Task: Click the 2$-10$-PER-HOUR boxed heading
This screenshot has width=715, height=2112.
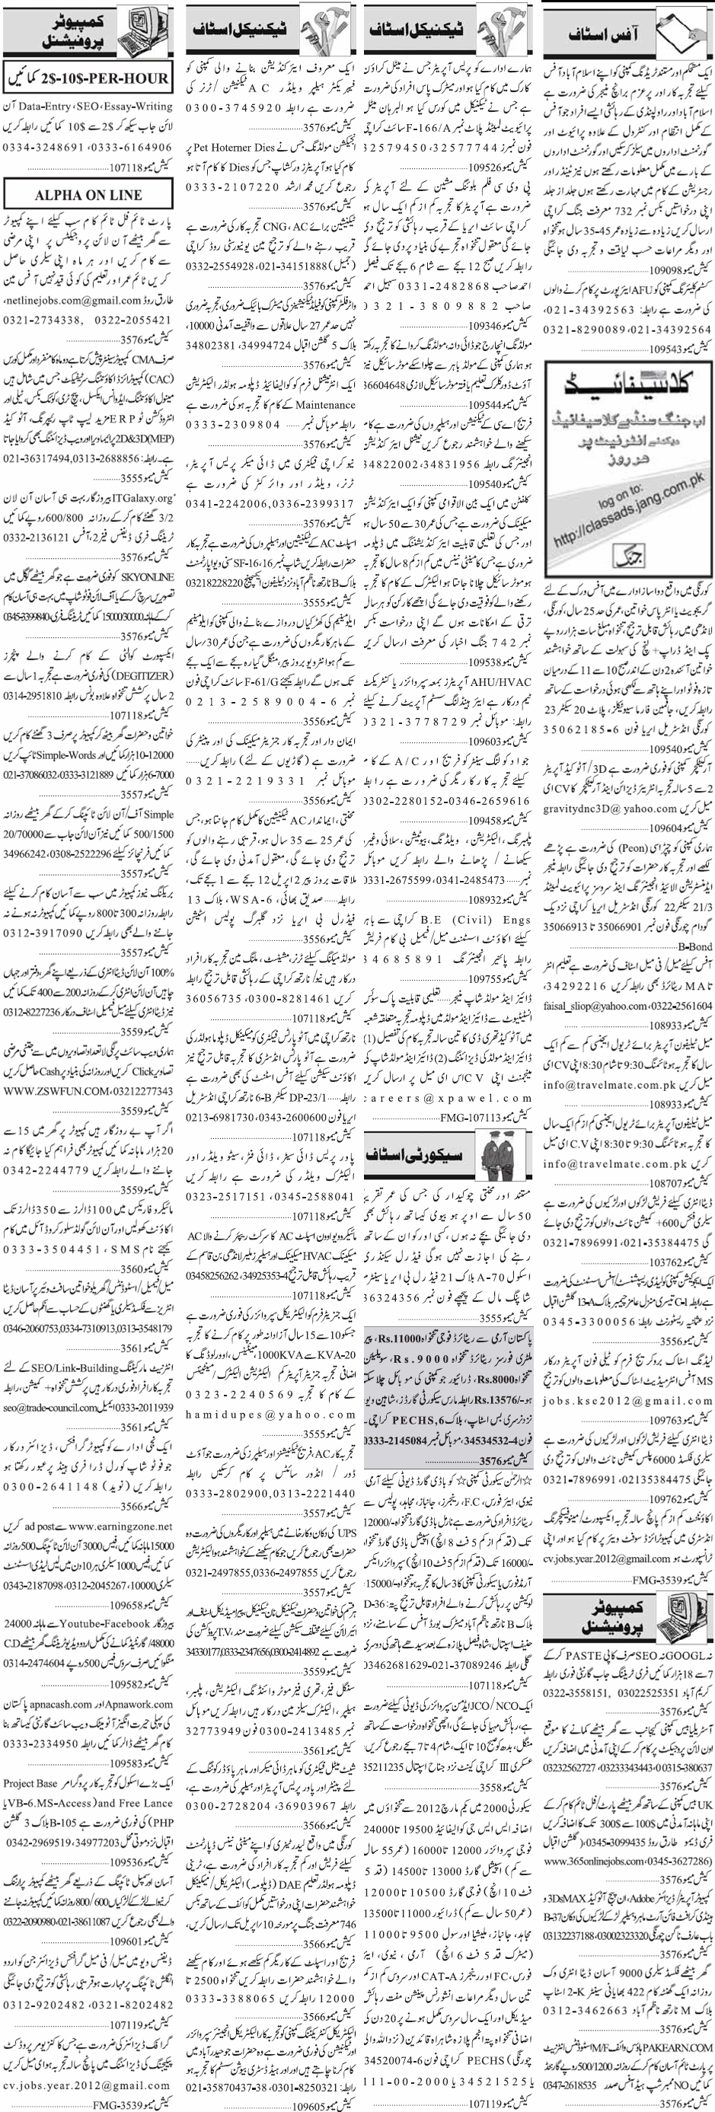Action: (x=88, y=78)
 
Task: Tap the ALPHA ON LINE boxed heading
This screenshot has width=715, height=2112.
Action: (x=88, y=194)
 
